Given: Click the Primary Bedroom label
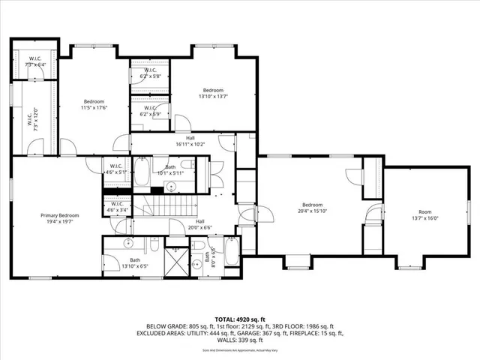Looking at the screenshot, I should click(59, 215).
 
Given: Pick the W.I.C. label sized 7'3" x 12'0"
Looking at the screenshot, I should click(34, 120).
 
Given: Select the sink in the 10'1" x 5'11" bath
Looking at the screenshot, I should click(170, 184).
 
